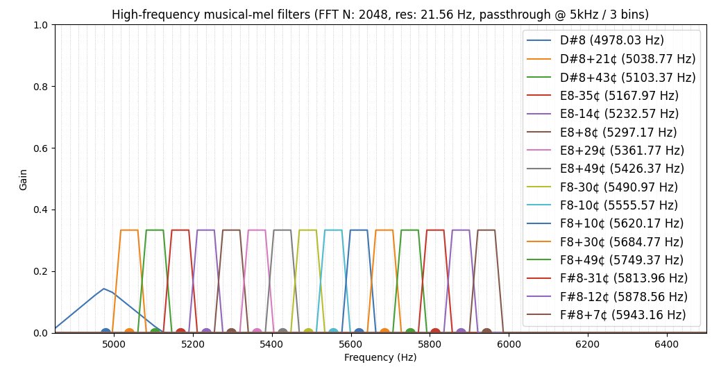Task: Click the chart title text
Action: pyautogui.click(x=380, y=15)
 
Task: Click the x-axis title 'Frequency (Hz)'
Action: pyautogui.click(x=380, y=357)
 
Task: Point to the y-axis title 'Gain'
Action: pyautogui.click(x=24, y=179)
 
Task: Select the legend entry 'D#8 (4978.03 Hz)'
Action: pyautogui.click(x=611, y=41)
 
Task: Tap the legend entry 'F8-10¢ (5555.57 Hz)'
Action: pyautogui.click(x=618, y=205)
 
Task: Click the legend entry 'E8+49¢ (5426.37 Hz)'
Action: pyautogui.click(x=622, y=169)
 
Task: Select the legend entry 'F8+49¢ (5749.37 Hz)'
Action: pyautogui.click(x=621, y=260)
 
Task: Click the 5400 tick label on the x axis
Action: pyautogui.click(x=271, y=343)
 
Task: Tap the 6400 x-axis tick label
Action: pyautogui.click(x=667, y=343)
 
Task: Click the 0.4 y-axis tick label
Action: pyautogui.click(x=41, y=210)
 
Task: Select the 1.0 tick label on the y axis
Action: pyautogui.click(x=41, y=25)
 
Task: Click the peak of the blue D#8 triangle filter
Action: pyautogui.click(x=104, y=289)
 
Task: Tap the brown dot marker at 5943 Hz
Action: pyautogui.click(x=486, y=333)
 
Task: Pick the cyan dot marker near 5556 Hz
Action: pyautogui.click(x=333, y=333)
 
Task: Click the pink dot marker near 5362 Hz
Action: pyautogui.click(x=257, y=333)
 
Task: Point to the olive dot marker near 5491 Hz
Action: pyautogui.click(x=308, y=333)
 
